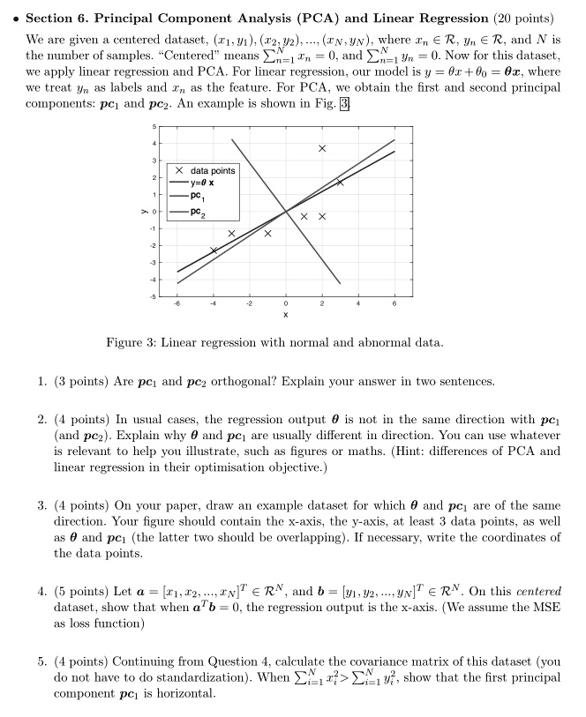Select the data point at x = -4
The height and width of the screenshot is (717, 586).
pyautogui.click(x=214, y=250)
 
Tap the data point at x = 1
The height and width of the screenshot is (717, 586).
pyautogui.click(x=304, y=217)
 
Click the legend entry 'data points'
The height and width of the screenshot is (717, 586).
pyautogui.click(x=209, y=170)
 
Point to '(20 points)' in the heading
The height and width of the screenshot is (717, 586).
pyautogui.click(x=526, y=18)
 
